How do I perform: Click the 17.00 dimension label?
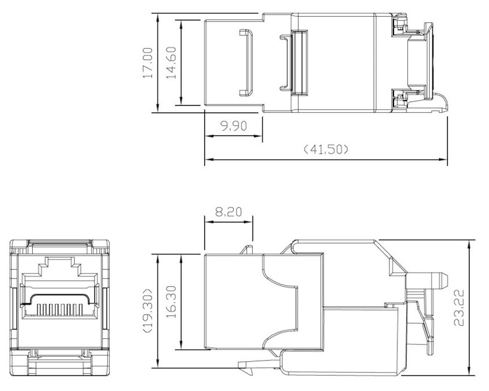coord(148,63)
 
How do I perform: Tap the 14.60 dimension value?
coord(171,63)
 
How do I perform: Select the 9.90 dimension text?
coord(234,126)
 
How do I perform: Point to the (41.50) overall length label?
coord(326,150)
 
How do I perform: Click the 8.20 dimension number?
coord(228,212)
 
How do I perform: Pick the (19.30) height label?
coord(148,310)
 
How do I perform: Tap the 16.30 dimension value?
coord(171,302)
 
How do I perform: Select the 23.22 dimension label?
coord(459,308)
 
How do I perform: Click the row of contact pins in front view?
coord(60,309)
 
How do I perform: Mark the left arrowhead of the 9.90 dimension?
coord(209,136)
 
